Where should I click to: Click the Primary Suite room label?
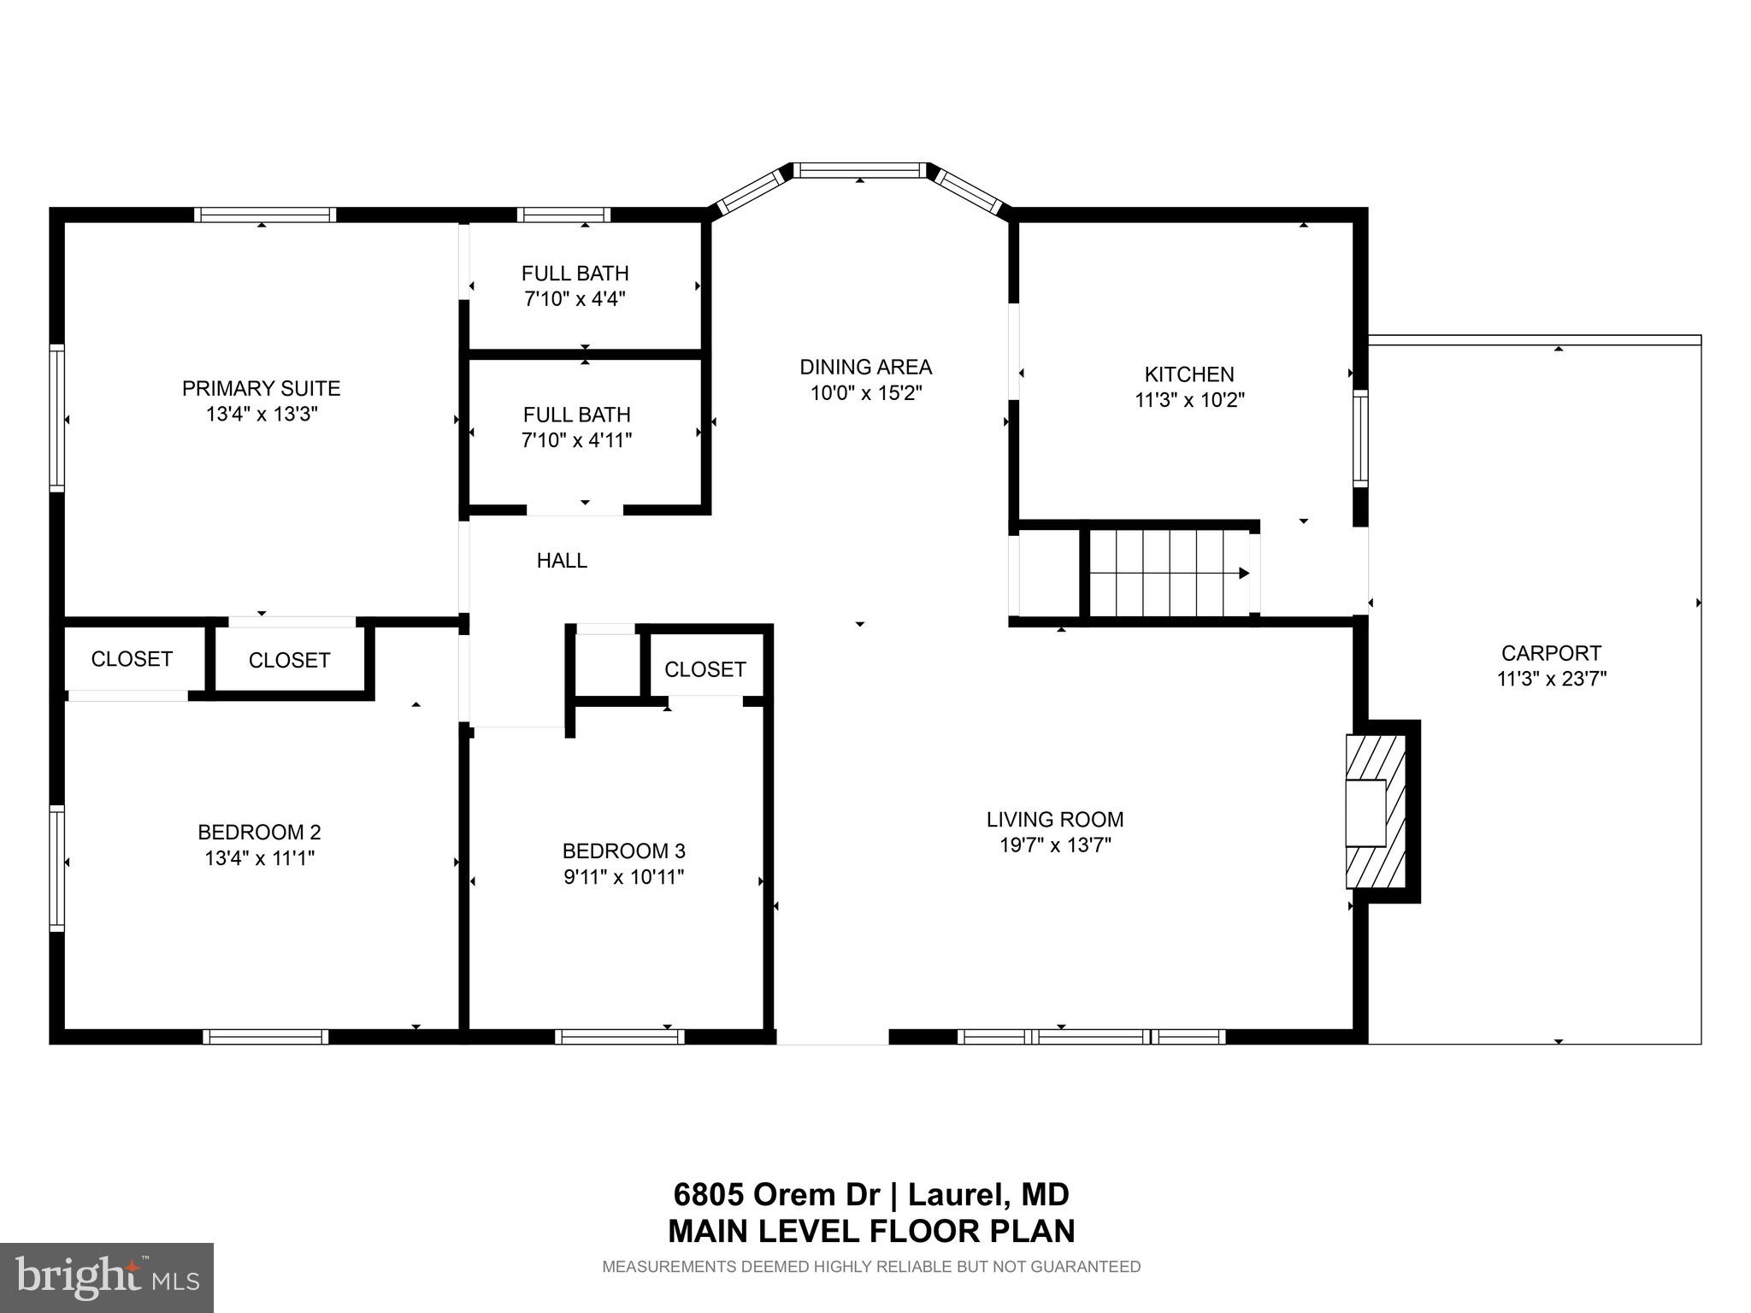(261, 388)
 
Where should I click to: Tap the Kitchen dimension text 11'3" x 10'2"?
(1189, 400)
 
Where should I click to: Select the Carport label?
(1551, 653)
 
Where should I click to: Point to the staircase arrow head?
(1244, 573)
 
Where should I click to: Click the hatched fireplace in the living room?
(1375, 811)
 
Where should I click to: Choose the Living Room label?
(1055, 819)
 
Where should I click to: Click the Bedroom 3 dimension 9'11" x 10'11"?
(623, 877)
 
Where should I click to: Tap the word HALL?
(562, 561)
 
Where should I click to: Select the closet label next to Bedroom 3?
(705, 669)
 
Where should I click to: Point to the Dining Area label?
(865, 367)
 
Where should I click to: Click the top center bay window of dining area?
(859, 170)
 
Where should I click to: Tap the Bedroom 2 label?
(259, 832)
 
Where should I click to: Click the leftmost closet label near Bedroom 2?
(132, 659)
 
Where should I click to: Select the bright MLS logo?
(107, 1277)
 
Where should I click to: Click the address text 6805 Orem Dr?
(778, 1193)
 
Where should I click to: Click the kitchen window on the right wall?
(1359, 438)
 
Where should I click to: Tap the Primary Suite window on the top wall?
(264, 215)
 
